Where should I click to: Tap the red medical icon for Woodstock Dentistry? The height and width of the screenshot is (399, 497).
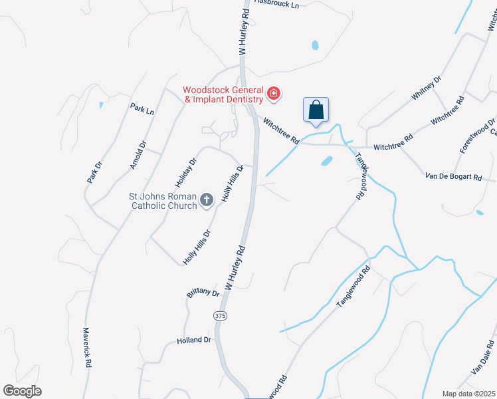point(273,94)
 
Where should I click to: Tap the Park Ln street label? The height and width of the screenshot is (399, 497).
point(142,109)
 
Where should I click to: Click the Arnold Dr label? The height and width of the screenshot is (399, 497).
point(138,154)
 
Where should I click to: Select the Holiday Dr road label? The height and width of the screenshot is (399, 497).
point(188,172)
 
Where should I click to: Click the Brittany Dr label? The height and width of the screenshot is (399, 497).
point(203,292)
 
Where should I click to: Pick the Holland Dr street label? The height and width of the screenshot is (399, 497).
point(193,340)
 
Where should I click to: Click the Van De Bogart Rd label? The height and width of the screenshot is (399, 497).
point(453,176)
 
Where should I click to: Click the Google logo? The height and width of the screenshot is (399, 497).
point(22,391)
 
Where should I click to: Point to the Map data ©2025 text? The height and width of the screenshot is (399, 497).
point(468,394)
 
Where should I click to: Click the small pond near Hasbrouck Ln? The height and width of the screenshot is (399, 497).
point(315,46)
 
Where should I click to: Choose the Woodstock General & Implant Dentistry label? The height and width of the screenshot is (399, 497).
point(223,94)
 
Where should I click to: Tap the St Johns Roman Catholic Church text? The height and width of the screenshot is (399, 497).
point(163,201)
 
